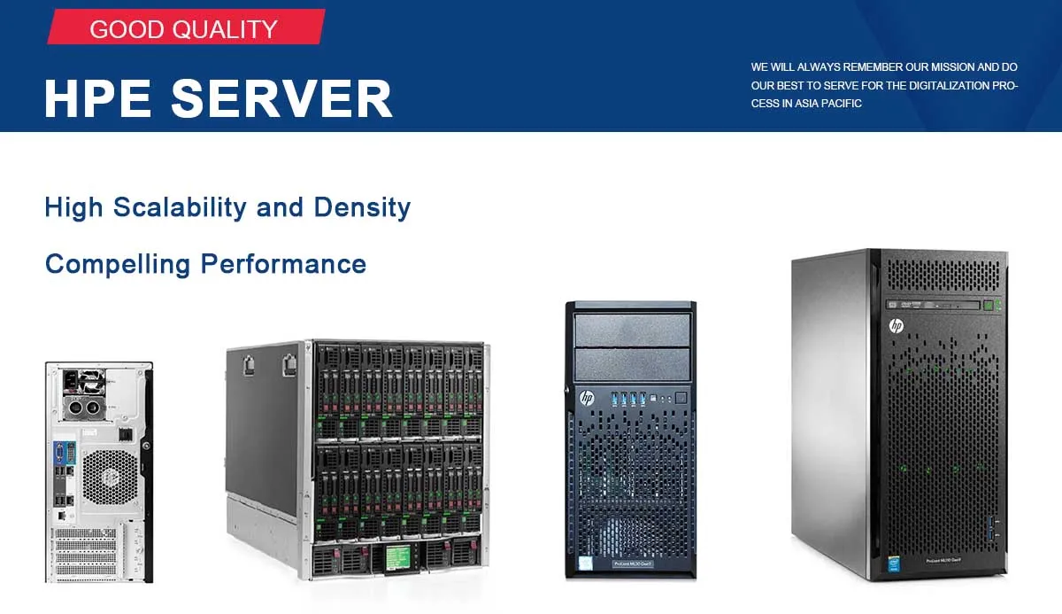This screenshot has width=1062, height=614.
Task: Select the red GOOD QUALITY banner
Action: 185,28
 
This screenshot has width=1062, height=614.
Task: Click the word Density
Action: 363,207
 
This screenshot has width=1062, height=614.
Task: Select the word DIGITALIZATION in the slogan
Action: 950,86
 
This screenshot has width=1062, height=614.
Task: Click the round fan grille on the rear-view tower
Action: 111,477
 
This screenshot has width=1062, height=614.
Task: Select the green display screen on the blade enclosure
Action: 397,556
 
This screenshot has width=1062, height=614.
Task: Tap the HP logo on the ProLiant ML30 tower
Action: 586,399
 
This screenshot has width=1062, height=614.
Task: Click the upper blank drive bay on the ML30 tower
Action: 631,330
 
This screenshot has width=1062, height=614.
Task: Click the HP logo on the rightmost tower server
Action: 896,326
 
